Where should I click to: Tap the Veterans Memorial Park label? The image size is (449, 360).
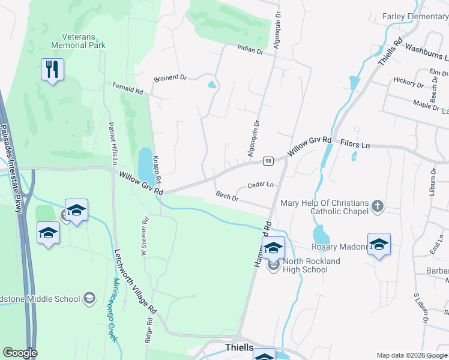point(79,40)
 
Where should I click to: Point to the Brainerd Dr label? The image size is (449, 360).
point(170,78)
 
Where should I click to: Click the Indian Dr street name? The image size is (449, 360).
point(250,51)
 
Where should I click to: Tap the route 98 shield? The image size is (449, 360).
point(268,161)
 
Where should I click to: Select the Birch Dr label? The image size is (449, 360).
point(228,196)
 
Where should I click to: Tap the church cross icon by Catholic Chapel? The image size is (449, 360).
point(376,206)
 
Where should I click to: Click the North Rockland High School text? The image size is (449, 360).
point(311,265)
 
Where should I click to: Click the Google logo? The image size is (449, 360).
point(20,353)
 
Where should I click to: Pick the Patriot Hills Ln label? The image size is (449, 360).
point(112,143)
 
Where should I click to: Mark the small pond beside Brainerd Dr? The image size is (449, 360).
point(212,85)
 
